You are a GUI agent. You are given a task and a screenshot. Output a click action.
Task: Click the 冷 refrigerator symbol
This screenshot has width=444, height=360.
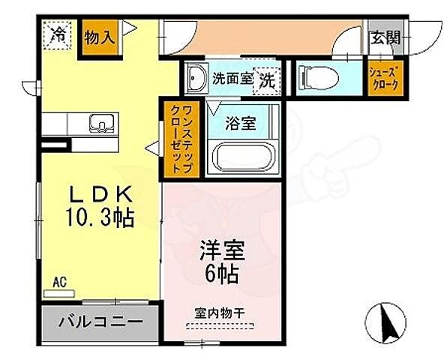click(x=58, y=35)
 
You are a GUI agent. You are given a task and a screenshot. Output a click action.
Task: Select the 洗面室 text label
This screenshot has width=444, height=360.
click(x=232, y=77)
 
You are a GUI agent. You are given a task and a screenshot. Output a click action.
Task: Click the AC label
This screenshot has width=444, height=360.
click(x=60, y=282)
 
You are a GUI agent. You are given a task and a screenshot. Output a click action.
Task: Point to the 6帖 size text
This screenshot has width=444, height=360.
click(x=220, y=275)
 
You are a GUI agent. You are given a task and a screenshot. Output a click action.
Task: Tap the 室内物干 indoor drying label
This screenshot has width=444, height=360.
click(x=220, y=315)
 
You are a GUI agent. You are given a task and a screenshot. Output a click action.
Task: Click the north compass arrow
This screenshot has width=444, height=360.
click(x=390, y=322)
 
